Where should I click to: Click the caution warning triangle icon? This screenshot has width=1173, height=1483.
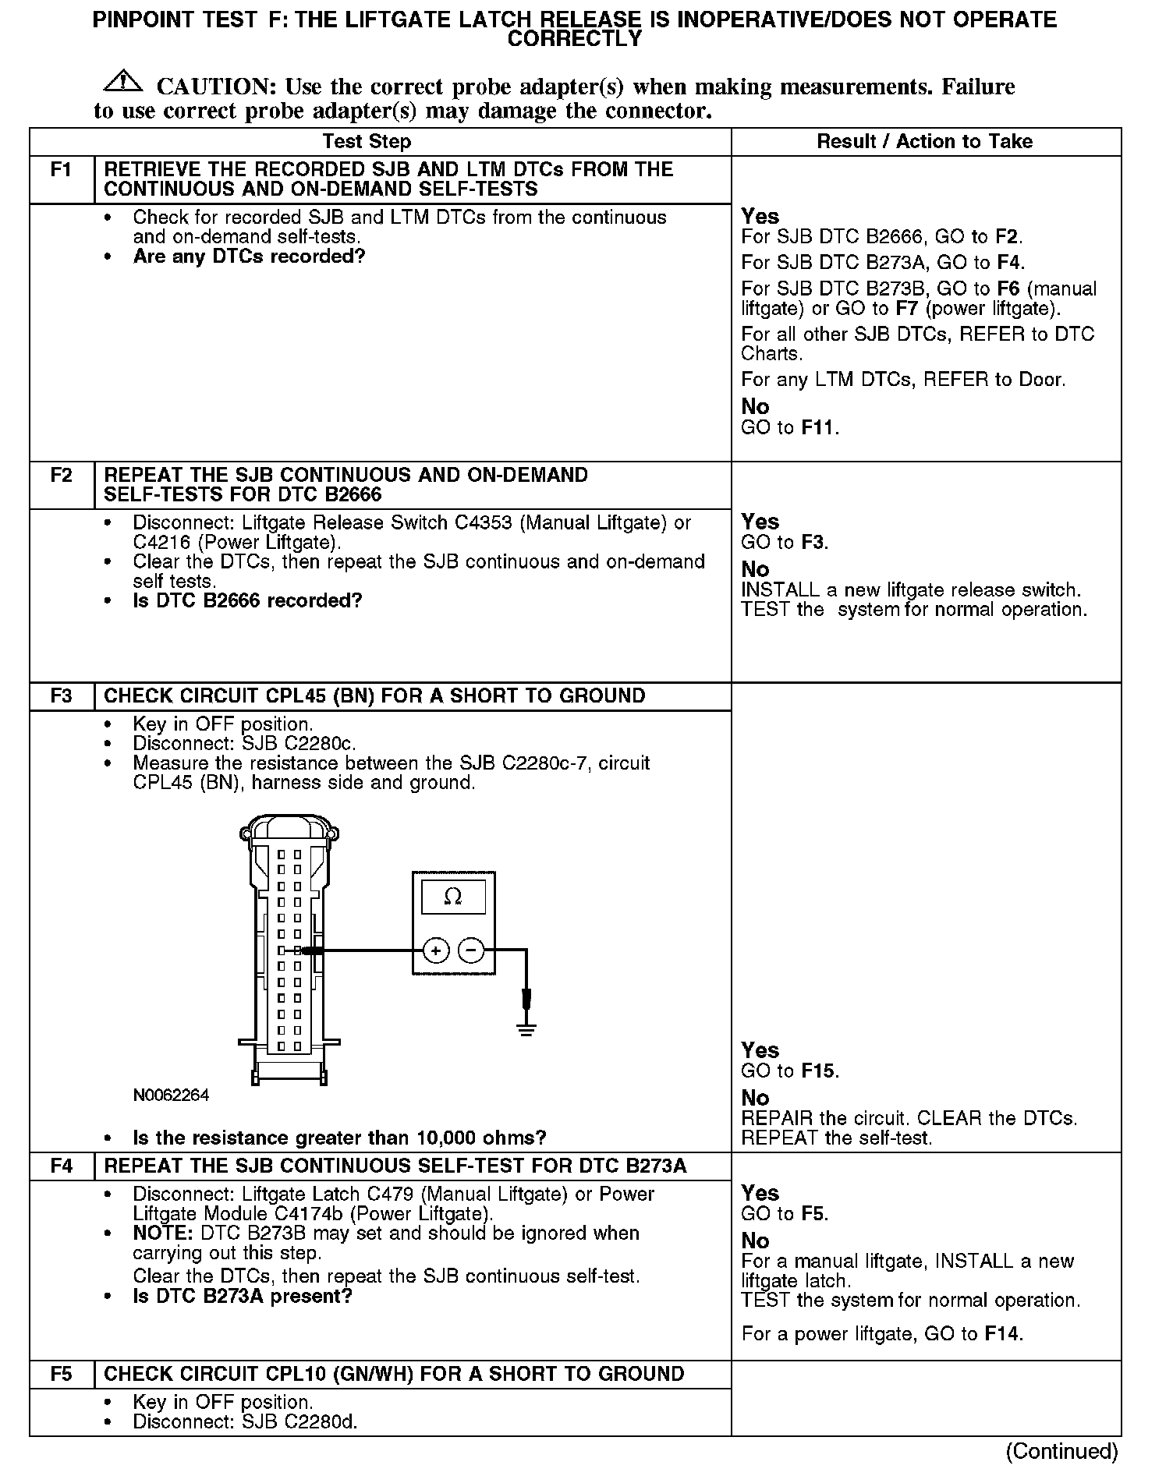[122, 80]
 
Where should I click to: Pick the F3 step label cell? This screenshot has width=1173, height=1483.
[62, 696]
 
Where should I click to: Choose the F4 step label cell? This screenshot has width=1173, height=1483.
[62, 1166]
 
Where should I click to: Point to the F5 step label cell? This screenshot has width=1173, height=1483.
[62, 1374]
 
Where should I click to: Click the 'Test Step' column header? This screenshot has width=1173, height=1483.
[367, 142]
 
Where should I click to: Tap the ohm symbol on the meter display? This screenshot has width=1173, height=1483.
[452, 897]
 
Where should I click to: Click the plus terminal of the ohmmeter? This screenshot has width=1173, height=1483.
[436, 950]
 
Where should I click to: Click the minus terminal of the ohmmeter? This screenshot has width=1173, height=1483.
[470, 950]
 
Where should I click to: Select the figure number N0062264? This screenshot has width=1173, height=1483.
[171, 1095]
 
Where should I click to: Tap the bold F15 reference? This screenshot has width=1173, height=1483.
[818, 1071]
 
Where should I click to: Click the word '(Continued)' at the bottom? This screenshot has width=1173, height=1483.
[1061, 1451]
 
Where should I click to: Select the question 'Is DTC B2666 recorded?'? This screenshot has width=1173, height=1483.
[248, 601]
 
